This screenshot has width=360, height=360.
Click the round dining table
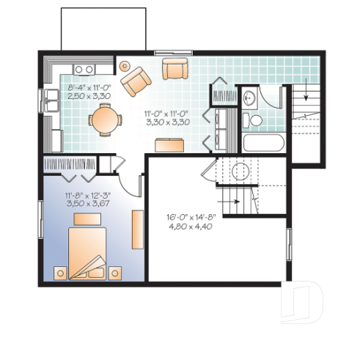105,120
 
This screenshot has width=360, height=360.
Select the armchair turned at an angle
136,81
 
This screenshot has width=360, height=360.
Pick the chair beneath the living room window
175,69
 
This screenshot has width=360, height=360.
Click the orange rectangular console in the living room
168,145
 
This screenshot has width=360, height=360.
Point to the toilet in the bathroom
255,120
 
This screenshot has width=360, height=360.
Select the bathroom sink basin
249,97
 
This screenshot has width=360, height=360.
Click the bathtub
263,142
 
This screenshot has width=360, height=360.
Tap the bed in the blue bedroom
87,252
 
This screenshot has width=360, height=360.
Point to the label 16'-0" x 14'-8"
190,217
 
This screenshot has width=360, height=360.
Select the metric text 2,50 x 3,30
89,95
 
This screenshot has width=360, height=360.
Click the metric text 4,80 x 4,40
190,227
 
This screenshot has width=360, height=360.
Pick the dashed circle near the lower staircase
240,172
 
